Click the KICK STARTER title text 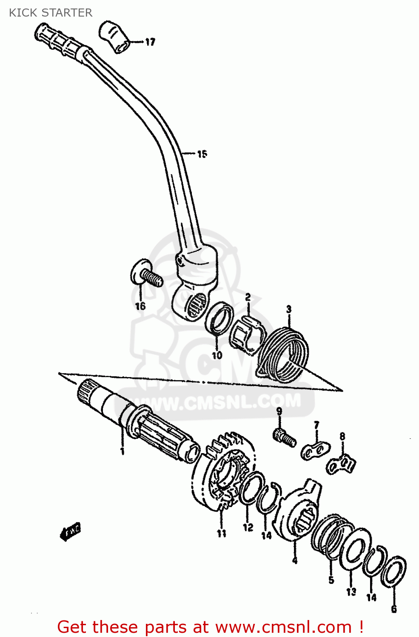[x=51, y=13]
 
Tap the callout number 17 [x=150, y=42]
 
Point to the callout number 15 [x=202, y=154]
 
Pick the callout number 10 [x=217, y=355]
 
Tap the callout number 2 [x=248, y=297]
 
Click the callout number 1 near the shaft [x=122, y=451]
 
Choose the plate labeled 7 [x=316, y=451]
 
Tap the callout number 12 [x=248, y=527]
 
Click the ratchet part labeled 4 [x=298, y=514]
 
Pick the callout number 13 [x=351, y=592]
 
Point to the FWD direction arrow [x=71, y=531]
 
